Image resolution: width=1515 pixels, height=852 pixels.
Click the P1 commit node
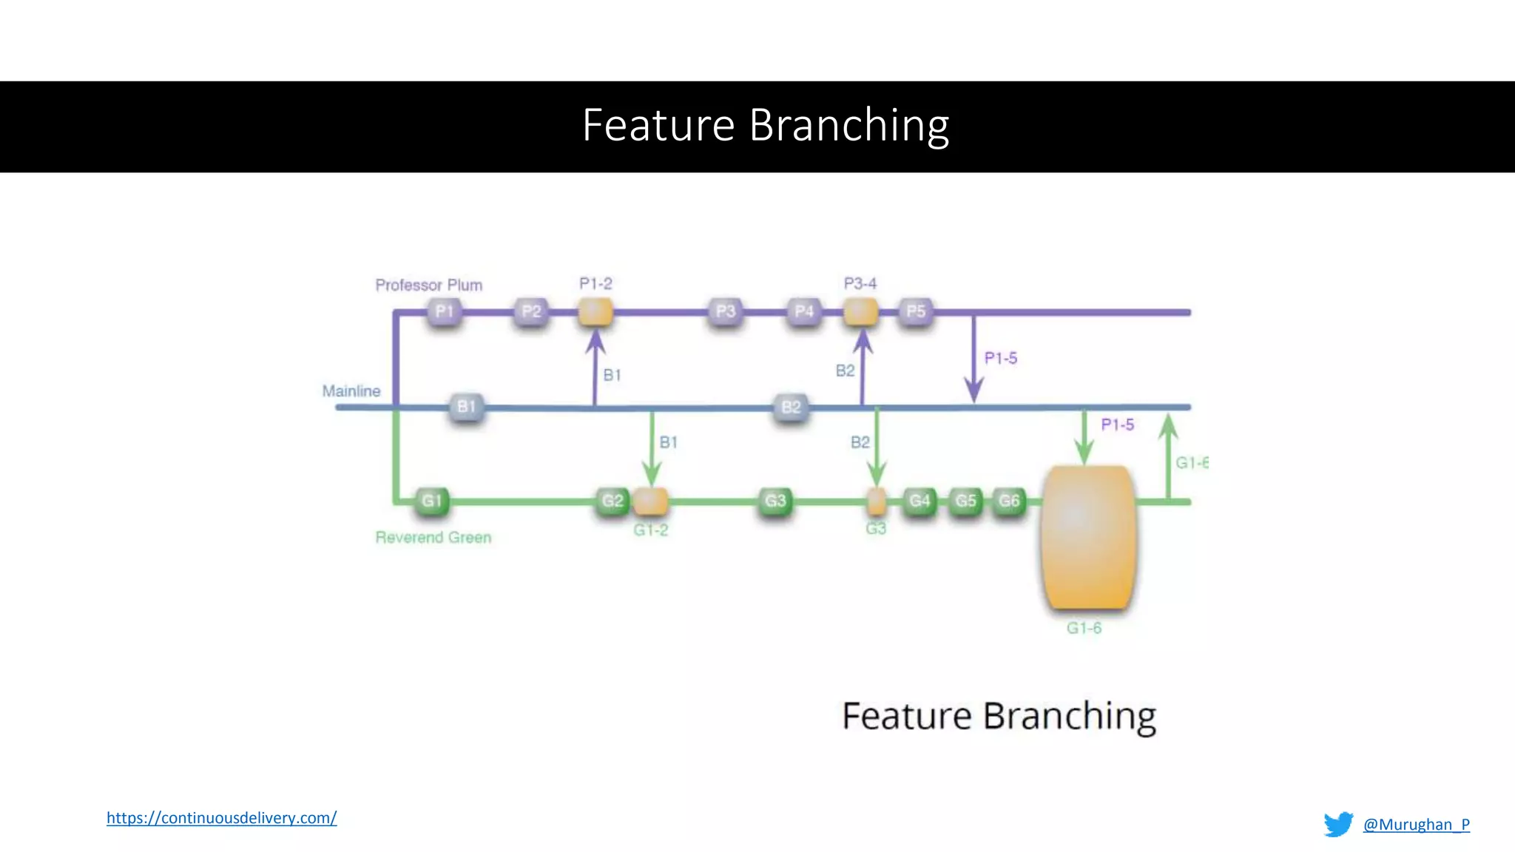[x=444, y=311]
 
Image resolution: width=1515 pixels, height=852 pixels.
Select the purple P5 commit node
[x=916, y=311]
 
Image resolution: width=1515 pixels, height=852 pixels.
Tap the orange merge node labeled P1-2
[x=595, y=311]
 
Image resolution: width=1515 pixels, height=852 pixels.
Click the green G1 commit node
[x=431, y=501]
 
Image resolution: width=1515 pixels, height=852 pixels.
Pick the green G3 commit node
[x=775, y=501]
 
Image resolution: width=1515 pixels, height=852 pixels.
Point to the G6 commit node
[x=1009, y=501]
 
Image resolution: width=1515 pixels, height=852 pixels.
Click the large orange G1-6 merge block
[x=1087, y=538]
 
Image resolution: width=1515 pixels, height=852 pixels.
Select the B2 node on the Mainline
[x=791, y=407]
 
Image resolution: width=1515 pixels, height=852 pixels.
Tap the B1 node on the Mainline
[x=466, y=407]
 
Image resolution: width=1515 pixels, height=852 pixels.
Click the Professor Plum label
[x=428, y=285]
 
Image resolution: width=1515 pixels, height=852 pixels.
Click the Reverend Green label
[x=433, y=537]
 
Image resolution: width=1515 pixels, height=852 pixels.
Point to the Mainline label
[x=351, y=390]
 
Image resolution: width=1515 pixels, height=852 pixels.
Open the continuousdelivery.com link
[x=221, y=817]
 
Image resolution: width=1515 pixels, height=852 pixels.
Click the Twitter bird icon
[x=1338, y=824]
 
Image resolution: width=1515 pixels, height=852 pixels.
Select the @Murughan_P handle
[x=1416, y=824]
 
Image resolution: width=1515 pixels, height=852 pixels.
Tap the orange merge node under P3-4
[x=860, y=311]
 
